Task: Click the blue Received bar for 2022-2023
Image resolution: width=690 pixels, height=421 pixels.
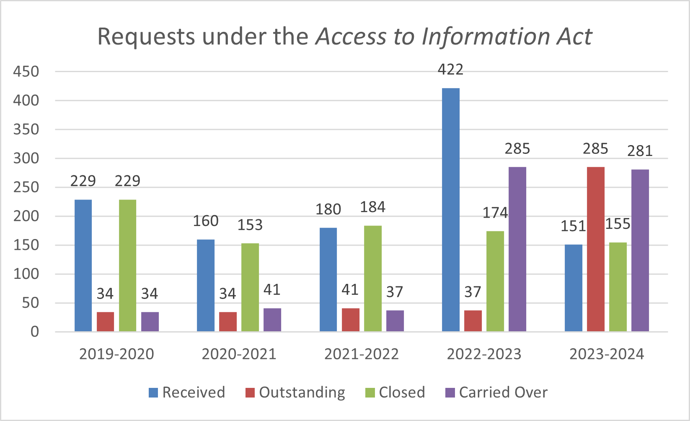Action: pos(451,210)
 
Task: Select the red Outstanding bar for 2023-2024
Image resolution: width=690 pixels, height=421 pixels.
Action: pos(596,249)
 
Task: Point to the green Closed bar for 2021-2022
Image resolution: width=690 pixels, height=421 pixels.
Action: pos(373,278)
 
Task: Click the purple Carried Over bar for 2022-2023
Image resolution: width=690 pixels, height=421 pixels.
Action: pos(517,249)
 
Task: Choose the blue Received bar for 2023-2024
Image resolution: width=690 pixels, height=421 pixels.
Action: pos(574,288)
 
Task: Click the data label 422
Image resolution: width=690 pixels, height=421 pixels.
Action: pos(451,70)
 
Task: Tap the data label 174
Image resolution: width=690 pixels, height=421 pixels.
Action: pos(495,213)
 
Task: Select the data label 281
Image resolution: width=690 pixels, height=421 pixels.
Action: pos(640,151)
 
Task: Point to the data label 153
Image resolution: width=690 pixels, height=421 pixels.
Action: pos(250,225)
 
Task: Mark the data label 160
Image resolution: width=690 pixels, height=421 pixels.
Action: pos(206,221)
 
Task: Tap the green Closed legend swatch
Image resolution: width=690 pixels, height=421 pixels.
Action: pos(370,393)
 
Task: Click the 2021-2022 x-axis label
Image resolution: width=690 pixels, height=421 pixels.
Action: pos(362,354)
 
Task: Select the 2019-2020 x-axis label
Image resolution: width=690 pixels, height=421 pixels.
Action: pos(116,354)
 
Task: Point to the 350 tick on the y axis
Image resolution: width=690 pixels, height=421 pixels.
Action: pos(26,130)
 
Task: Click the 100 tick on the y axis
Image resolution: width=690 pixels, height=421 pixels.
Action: pos(26,274)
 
